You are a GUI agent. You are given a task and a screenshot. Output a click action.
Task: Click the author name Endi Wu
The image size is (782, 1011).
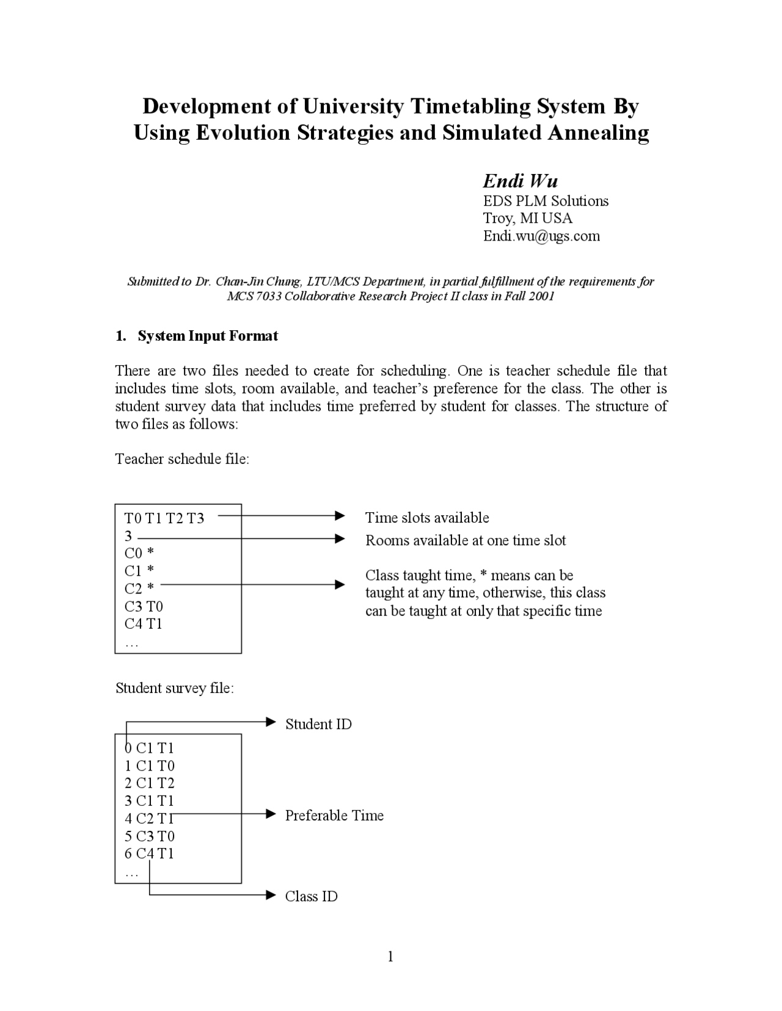[x=520, y=181]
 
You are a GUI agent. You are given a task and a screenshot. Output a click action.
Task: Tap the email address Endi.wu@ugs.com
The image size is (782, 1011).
[x=541, y=236]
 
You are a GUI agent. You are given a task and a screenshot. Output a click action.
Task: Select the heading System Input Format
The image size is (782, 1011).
[x=208, y=336]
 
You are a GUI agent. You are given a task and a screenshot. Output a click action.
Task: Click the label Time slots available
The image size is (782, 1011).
[x=427, y=518]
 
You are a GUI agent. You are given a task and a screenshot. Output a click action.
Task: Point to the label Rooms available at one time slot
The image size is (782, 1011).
[x=466, y=540]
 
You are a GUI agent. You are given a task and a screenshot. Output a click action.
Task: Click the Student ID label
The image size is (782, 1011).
[x=318, y=724]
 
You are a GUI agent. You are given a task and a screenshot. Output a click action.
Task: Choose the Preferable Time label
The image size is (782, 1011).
[x=334, y=816]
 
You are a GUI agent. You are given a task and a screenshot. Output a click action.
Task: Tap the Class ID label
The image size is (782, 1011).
[x=311, y=896]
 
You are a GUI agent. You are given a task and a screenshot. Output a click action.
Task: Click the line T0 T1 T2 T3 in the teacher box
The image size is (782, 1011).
[x=164, y=518]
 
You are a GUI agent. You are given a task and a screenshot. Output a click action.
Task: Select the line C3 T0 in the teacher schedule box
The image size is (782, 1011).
[x=144, y=606]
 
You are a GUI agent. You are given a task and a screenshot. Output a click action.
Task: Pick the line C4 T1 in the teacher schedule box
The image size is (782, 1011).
[x=144, y=624]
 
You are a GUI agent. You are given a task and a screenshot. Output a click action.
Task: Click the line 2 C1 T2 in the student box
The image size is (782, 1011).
[x=150, y=783]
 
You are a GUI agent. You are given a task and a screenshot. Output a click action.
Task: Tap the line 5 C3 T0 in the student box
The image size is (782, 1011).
[x=150, y=836]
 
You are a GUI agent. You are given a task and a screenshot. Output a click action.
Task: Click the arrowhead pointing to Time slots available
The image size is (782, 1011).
[x=340, y=516]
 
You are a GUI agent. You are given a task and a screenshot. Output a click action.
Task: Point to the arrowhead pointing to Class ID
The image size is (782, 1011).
[x=272, y=895]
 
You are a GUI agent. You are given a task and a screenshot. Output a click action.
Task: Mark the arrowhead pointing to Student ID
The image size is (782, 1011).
[x=272, y=722]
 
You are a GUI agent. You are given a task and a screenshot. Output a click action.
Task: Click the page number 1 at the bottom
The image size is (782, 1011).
[x=390, y=957]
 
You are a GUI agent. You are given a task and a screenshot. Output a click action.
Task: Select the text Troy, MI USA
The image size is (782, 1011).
[x=527, y=219]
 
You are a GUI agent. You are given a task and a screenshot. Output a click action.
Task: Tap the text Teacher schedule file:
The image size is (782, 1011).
[x=182, y=459]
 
